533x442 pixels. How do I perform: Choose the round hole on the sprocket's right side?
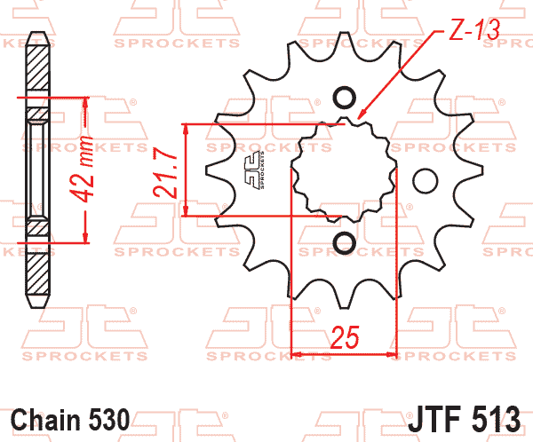tap(426, 181)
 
